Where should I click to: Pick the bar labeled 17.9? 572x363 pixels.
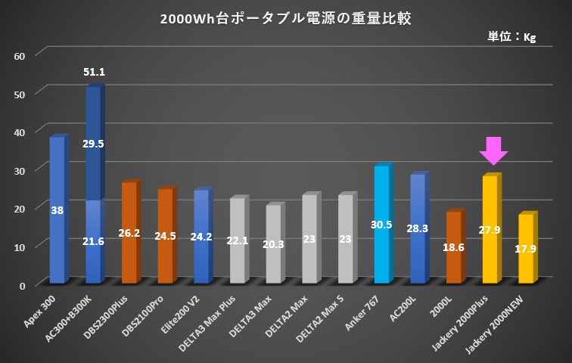pos(525,249)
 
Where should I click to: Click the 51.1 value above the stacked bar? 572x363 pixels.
pos(94,73)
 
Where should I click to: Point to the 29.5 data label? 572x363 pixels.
pos(94,144)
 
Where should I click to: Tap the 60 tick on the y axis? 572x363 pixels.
pos(20,55)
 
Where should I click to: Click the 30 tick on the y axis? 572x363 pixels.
pos(20,170)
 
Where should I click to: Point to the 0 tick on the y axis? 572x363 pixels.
pos(23,285)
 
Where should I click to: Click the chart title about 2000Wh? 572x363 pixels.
pos(286,18)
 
